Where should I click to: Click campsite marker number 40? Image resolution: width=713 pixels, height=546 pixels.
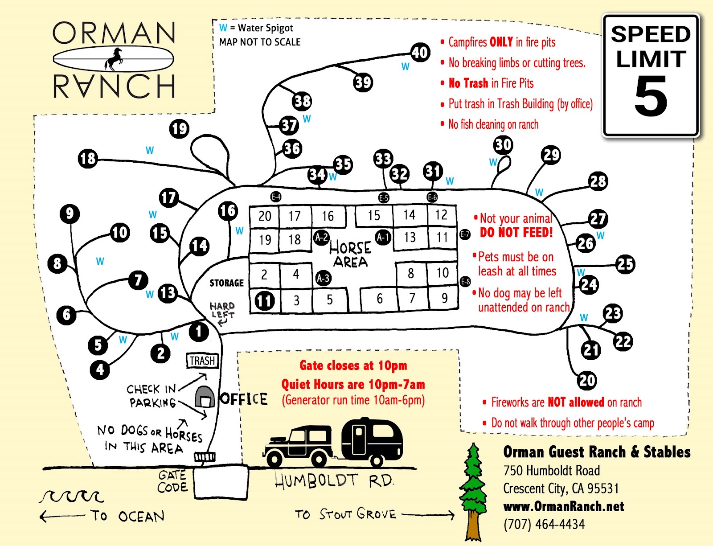(x=420, y=53)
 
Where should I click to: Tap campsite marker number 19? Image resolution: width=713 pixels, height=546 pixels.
(x=179, y=129)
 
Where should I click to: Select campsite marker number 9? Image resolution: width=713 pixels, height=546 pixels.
(x=70, y=214)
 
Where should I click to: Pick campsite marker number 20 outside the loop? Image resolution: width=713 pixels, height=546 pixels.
(x=587, y=380)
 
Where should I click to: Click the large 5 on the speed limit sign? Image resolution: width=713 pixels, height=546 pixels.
(x=651, y=96)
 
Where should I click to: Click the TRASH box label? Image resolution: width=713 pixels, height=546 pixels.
(x=202, y=361)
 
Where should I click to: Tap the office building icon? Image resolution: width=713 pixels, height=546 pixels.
(x=205, y=397)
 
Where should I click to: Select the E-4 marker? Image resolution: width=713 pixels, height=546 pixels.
(x=276, y=197)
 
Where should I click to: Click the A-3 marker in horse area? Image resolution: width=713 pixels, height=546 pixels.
(x=323, y=279)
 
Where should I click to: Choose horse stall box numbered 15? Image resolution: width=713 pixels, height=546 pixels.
(x=374, y=216)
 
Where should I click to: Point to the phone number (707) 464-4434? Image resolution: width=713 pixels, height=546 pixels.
(x=544, y=524)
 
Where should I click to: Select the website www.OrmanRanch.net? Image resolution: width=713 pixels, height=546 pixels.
(x=563, y=506)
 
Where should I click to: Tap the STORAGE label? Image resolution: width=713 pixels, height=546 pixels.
(x=226, y=283)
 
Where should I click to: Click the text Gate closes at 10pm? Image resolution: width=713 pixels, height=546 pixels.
(x=353, y=365)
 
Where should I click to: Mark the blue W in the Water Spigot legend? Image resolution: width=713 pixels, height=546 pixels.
(x=223, y=28)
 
